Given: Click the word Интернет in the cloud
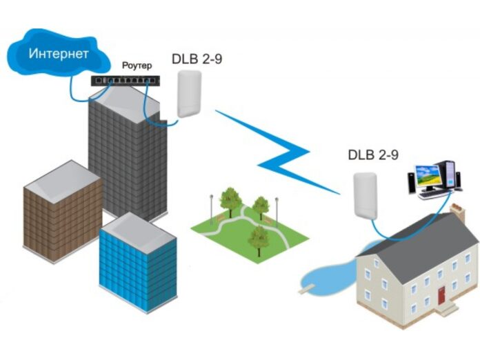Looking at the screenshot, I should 58,53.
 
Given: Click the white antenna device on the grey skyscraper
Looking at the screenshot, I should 188,93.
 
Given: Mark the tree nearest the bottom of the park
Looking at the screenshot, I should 258,238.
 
